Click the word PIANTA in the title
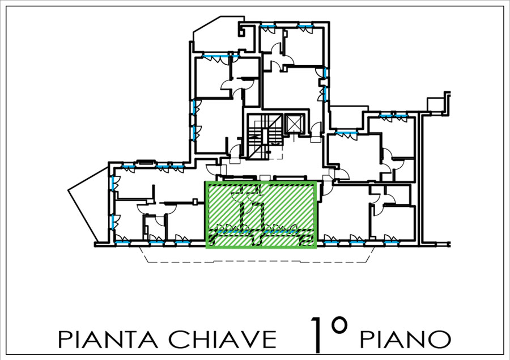coord(108,339)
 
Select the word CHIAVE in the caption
coord(222,339)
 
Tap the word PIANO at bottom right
coord(405,339)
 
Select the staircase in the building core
coord(265,135)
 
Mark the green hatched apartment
coord(261,215)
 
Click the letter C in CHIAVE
coord(177,339)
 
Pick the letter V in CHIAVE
coord(248,340)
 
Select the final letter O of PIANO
coord(441,339)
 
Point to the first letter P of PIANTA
coord(64,340)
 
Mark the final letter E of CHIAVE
coord(270,340)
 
